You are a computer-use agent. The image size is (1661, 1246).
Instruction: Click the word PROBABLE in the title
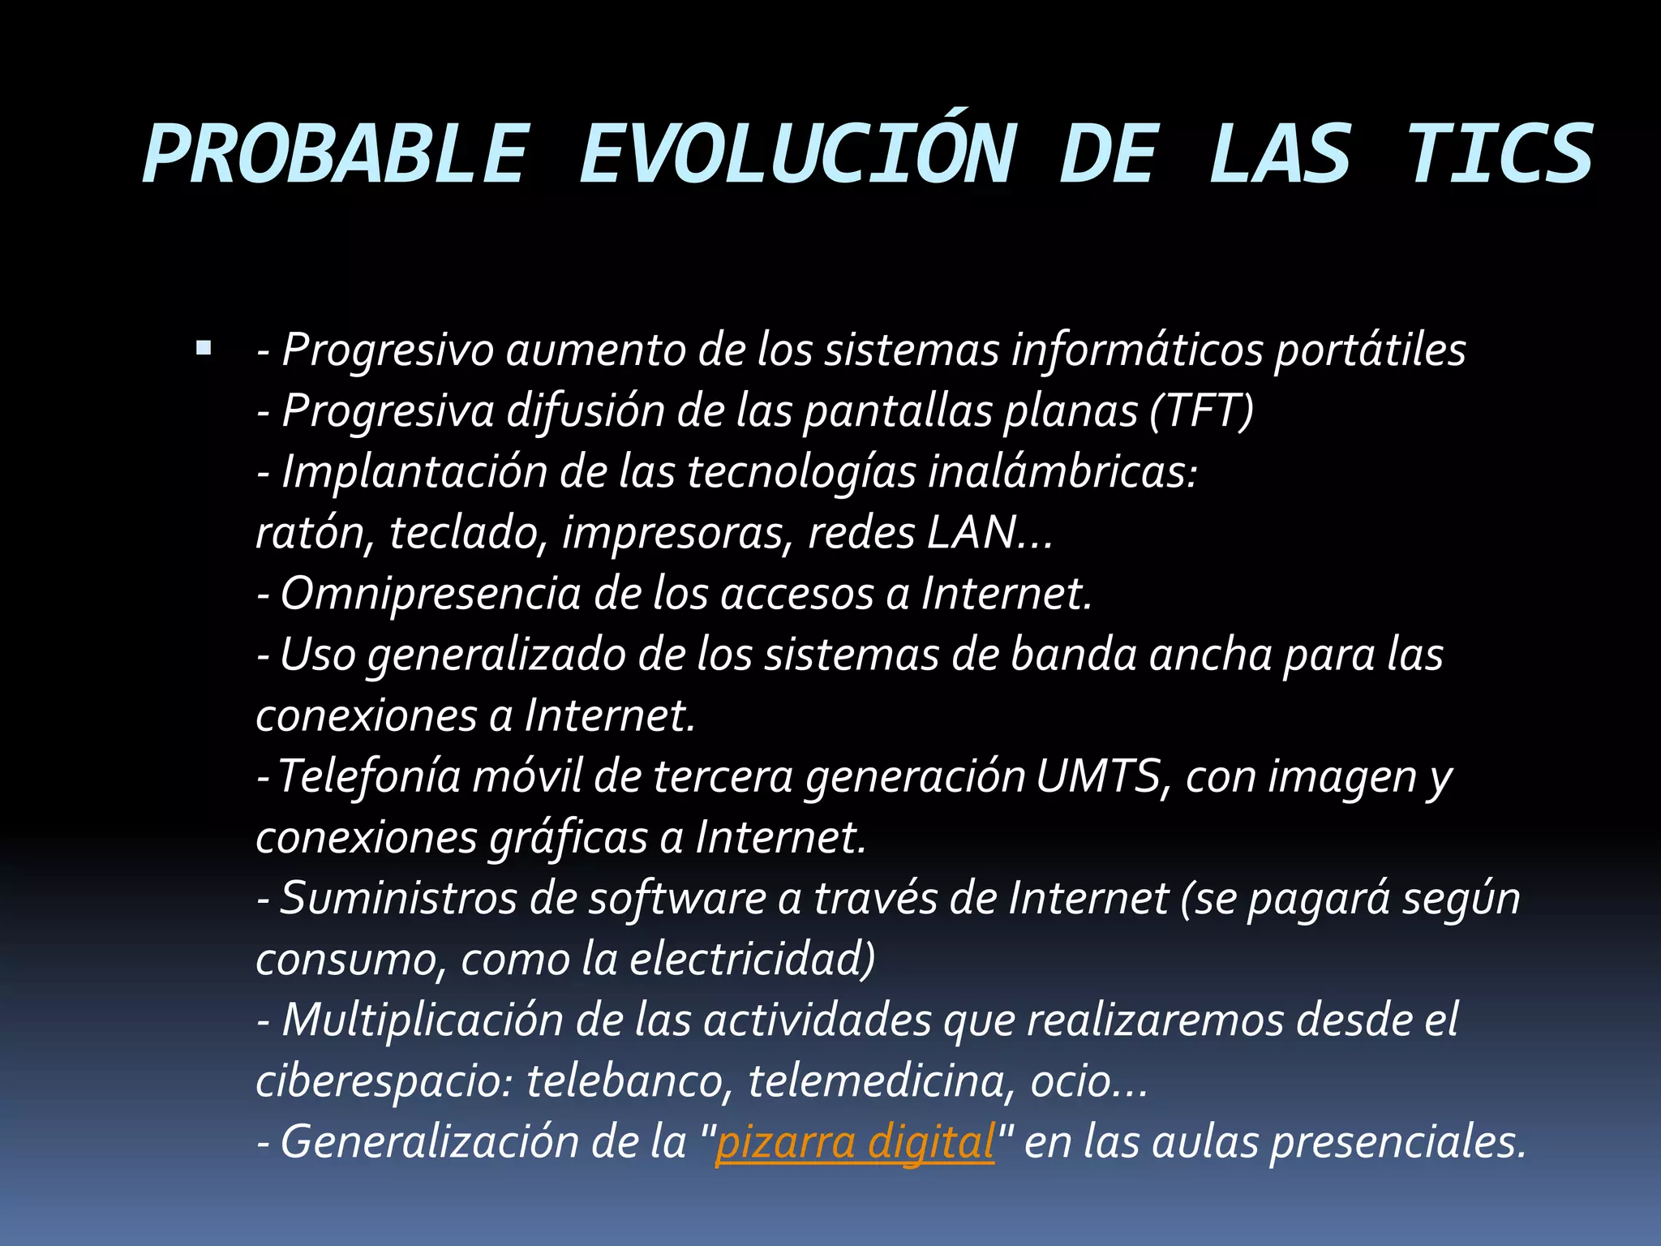pyautogui.click(x=335, y=155)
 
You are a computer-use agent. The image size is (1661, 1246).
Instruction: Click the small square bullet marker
pyautogui.click(x=204, y=350)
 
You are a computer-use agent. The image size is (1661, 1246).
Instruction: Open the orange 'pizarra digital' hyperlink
pyautogui.click(x=855, y=1142)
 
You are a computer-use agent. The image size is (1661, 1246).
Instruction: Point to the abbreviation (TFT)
pyautogui.click(x=1201, y=410)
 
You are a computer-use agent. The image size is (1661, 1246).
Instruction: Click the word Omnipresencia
pyautogui.click(x=430, y=594)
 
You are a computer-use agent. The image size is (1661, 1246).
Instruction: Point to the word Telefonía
pyautogui.click(x=369, y=776)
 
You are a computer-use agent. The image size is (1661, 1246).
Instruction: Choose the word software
pyautogui.click(x=677, y=899)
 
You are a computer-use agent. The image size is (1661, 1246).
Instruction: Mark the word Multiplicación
pyautogui.click(x=422, y=1020)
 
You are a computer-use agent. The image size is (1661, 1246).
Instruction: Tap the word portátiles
pyautogui.click(x=1370, y=350)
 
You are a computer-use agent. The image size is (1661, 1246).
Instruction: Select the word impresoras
pyautogui.click(x=678, y=533)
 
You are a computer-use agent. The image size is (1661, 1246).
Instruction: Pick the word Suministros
pyautogui.click(x=398, y=899)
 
